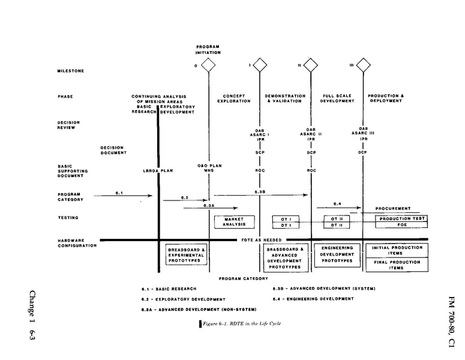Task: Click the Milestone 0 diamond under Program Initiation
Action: pos(208,64)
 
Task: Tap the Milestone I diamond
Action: pos(259,64)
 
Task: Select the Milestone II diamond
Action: pos(311,64)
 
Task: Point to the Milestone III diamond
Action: pos(362,64)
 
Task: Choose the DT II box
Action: pos(337,225)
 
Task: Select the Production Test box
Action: pos(401,218)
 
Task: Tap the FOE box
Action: pos(401,225)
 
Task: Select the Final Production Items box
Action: pos(396,265)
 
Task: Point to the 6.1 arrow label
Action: pos(119,193)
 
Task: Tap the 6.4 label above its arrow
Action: pos(337,203)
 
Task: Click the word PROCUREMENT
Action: pos(393,209)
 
